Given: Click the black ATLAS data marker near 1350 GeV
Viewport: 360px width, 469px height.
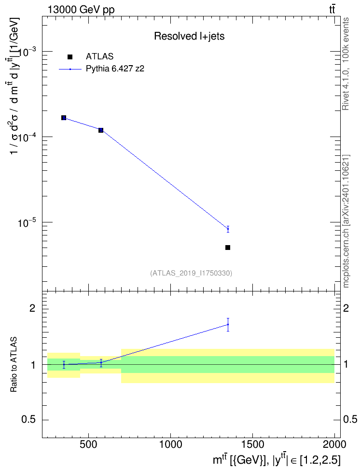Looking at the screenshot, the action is pos(228,248).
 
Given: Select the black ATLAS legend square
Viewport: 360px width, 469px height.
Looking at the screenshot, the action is pos(70,57).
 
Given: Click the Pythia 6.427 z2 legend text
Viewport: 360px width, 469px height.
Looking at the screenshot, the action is pos(115,69).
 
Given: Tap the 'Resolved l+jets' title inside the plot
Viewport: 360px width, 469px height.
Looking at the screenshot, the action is pos(189,36).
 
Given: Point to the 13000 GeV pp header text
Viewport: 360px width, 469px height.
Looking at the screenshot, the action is pos(81,10).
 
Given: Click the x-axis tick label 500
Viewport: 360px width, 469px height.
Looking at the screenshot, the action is pos(88,444).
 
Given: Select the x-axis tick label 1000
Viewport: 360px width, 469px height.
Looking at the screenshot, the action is pos(170,444).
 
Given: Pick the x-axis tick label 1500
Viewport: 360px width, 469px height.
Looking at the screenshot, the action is pos(252,444).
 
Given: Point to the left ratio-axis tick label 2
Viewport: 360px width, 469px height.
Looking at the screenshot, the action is pos(32,308).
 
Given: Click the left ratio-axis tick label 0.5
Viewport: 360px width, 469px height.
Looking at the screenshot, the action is pos(29,420).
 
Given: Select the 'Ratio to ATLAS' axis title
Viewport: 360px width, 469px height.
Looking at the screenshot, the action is pos(14,364).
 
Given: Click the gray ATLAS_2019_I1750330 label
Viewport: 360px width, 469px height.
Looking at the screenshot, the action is pos(191,273).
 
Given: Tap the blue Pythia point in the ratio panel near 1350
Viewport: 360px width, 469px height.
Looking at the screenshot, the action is pos(228,325).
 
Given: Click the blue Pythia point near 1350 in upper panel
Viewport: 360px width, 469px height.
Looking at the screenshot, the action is pos(228,229).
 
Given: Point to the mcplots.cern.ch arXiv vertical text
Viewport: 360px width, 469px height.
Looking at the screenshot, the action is pos(346,221).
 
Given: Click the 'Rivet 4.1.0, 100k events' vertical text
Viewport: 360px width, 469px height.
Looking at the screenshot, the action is pos(346,64).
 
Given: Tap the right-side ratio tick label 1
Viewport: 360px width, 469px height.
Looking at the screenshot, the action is pos(346,365).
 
